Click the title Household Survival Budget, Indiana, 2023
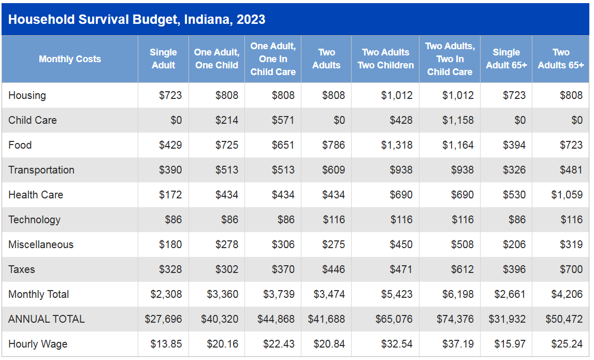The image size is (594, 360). coord(137,20)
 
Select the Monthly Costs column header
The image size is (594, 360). coord(70,59)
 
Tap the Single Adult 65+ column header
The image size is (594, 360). coord(506,59)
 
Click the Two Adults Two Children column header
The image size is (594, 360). coord(385,59)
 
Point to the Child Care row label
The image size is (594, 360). coord(33,120)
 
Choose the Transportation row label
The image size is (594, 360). coord(41,170)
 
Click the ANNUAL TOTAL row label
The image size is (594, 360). coord(47,319)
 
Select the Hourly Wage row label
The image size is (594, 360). coord(38,344)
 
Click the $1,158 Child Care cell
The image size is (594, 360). coord(458,120)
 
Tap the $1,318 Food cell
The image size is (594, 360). coord(397,145)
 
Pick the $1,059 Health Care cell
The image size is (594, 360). coord(567,195)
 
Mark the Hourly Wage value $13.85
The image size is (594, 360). coord(166,344)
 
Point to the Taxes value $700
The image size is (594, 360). coord(571,269)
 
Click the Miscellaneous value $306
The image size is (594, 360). coord(283,244)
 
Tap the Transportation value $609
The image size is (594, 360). coord(334,170)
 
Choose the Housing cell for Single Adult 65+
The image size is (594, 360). coord(514,95)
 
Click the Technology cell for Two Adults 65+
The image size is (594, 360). coord(571,220)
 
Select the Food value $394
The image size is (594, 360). coord(514,145)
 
